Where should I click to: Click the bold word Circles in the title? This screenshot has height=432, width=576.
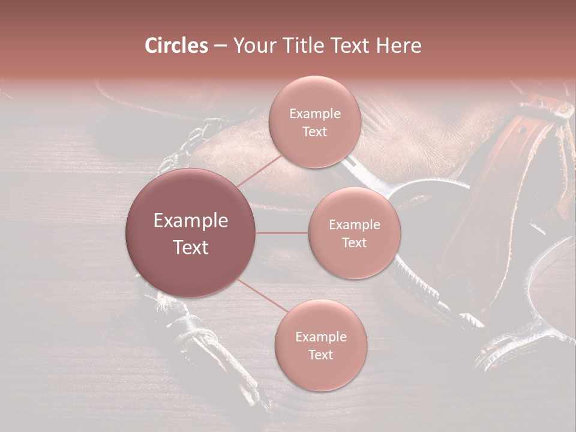(x=176, y=46)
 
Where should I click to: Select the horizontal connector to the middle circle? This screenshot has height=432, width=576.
(x=282, y=233)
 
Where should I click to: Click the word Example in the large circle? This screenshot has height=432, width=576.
(x=191, y=221)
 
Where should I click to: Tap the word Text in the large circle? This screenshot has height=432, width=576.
(x=191, y=247)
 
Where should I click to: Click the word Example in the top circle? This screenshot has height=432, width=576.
(x=315, y=114)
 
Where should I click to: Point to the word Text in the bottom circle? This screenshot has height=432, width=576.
(x=320, y=355)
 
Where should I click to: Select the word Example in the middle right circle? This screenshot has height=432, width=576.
(x=355, y=225)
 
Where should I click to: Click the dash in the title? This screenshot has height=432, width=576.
(x=220, y=46)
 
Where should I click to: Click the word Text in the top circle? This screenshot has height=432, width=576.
(x=314, y=132)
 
